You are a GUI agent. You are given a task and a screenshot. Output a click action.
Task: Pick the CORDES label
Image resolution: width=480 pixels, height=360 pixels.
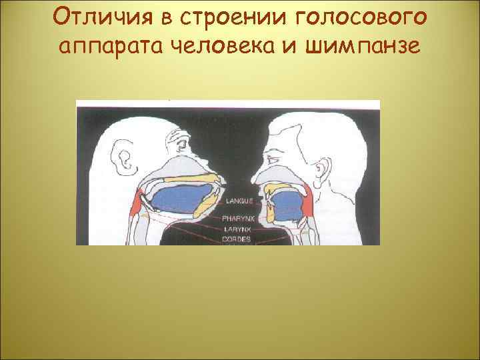click(x=237, y=239)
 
